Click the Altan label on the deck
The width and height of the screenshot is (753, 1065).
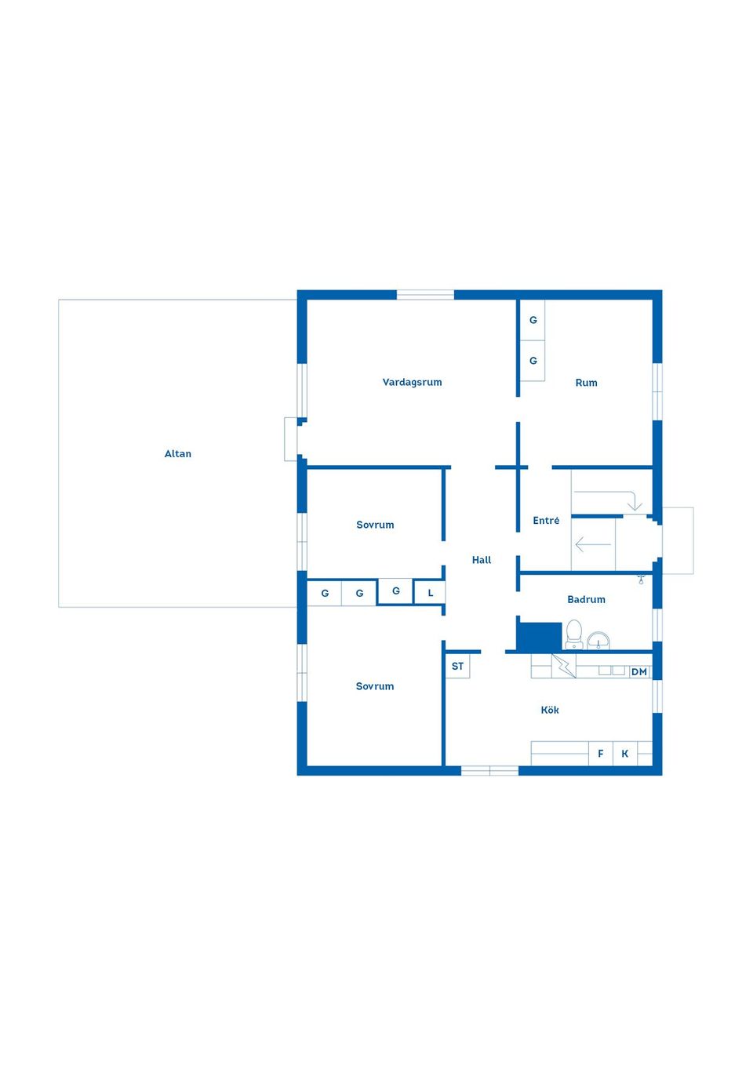tap(177, 453)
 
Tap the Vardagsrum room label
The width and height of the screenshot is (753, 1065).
tap(412, 382)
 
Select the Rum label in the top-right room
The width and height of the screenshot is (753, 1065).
tap(586, 383)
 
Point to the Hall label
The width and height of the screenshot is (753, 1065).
tap(481, 560)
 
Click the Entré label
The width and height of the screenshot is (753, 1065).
tap(546, 521)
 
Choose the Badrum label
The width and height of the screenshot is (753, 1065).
tap(586, 599)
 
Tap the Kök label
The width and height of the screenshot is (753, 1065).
tap(550, 710)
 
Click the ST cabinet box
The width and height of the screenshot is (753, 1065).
tap(457, 667)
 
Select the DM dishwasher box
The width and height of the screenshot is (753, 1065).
tap(639, 672)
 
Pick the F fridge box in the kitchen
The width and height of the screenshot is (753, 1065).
tap(601, 754)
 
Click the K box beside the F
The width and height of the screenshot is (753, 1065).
tap(625, 754)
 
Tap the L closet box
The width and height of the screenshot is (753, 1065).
tap(430, 593)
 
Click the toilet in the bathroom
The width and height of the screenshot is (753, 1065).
tap(574, 634)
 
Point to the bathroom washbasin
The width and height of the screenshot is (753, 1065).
tap(598, 641)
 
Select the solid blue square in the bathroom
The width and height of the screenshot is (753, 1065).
tap(539, 636)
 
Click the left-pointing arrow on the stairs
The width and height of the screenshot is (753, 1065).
tap(592, 544)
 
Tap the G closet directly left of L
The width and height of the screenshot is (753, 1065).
tap(396, 591)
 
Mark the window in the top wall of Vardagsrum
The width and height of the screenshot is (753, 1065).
tap(425, 295)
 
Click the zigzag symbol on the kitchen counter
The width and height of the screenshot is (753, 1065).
tap(563, 666)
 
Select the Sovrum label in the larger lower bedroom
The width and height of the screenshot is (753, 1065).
tap(375, 686)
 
